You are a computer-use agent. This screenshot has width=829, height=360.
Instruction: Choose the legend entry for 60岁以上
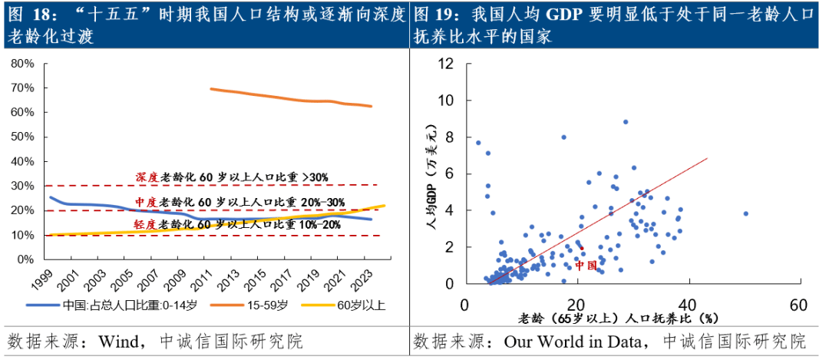tap(361, 306)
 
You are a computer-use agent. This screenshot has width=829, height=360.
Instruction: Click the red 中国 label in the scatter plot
tap(586, 265)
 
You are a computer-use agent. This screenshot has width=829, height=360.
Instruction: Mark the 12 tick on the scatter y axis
tap(446, 64)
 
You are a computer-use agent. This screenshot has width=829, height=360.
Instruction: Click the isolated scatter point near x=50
tap(745, 214)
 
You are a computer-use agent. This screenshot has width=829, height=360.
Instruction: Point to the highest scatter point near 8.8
tap(626, 122)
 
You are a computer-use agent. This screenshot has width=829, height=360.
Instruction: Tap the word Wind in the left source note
tap(114, 340)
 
